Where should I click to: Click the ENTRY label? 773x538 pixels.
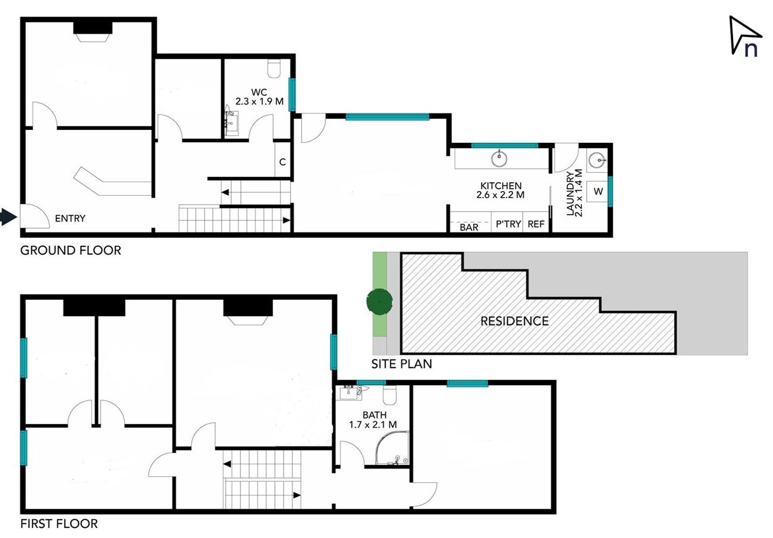click(70, 219)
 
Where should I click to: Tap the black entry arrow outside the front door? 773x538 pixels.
click(9, 217)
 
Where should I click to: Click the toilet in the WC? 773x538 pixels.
click(275, 68)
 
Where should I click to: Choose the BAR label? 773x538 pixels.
click(469, 228)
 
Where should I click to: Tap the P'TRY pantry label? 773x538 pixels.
click(508, 224)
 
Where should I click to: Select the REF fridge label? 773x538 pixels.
click(536, 224)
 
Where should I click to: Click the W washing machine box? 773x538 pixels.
click(598, 191)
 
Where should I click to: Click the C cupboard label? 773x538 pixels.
click(282, 162)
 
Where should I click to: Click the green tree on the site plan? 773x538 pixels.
click(379, 302)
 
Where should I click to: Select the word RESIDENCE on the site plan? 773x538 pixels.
click(514, 321)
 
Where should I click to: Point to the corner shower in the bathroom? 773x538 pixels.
click(392, 447)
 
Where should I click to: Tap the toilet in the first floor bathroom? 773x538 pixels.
click(390, 395)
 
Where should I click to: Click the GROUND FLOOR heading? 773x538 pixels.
click(71, 250)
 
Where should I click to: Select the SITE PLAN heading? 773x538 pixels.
click(401, 364)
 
